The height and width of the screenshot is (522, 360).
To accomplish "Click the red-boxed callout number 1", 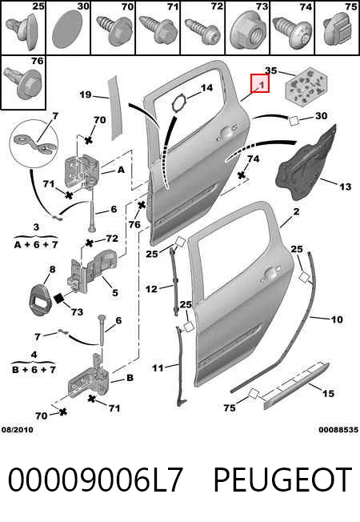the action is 262,85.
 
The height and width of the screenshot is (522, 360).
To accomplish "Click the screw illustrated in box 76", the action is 23,82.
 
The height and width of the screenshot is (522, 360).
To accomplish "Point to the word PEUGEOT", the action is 282,480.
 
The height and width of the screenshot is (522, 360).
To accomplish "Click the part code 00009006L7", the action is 95,480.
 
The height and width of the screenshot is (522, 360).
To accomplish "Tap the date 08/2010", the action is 18,430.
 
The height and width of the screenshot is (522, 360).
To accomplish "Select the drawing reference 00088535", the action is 338,430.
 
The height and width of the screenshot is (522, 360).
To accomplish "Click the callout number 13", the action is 345,187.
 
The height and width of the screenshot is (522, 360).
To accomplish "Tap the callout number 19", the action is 86,94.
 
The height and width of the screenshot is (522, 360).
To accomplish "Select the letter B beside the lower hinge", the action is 130,378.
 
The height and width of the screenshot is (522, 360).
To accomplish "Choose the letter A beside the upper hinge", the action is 121,170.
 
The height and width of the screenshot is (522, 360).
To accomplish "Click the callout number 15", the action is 328,393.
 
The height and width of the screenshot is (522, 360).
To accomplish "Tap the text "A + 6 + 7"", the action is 36,245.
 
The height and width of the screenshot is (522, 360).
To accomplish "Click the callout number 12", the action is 151,289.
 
